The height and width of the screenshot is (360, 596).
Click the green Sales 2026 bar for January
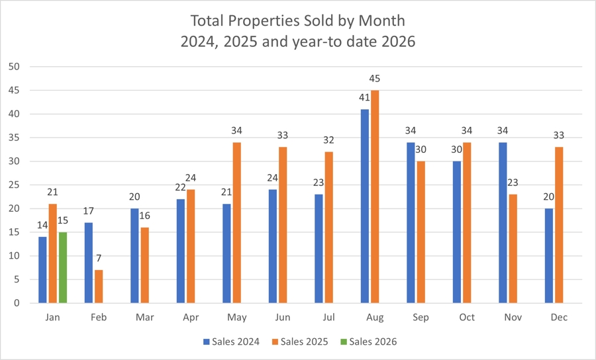point(62,267)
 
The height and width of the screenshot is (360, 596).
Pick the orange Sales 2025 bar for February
point(99,287)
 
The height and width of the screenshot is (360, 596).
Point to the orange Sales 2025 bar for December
point(558,225)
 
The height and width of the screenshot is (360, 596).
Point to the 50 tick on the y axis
point(15,67)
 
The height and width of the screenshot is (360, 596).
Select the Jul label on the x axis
point(328,318)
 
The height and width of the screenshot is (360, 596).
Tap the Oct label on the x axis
point(466,318)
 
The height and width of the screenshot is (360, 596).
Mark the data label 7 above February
point(99,259)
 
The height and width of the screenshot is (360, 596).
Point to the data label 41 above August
point(364,98)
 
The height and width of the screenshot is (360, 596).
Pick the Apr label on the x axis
point(190,318)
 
